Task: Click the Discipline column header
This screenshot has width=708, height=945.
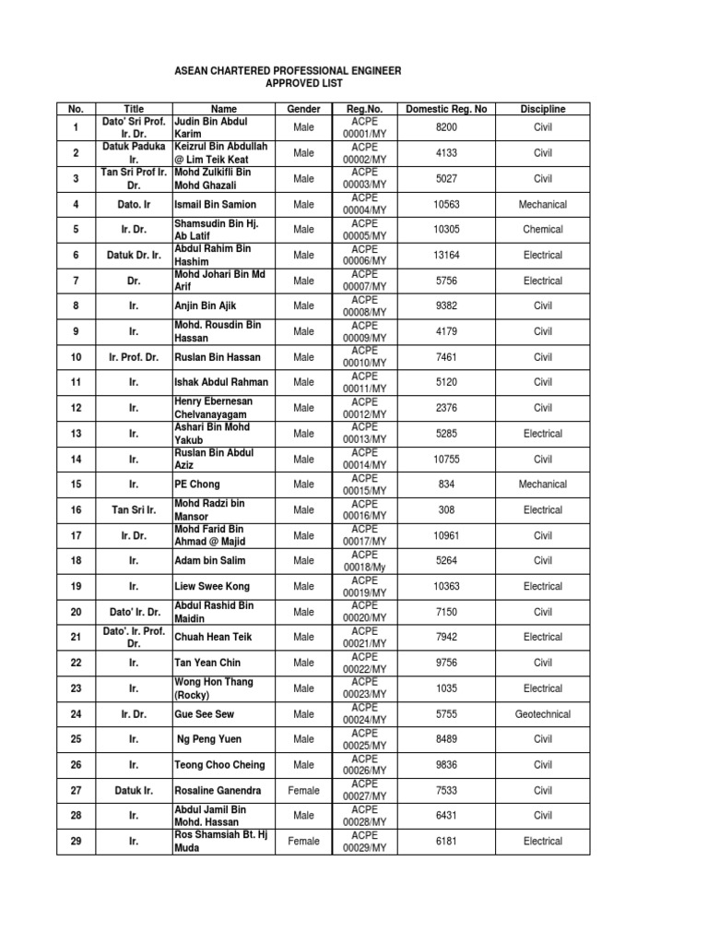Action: (543, 109)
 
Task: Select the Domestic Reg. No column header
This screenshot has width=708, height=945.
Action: (446, 109)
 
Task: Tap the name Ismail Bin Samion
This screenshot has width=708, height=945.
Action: (215, 204)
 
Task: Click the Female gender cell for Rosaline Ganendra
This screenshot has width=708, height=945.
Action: (303, 790)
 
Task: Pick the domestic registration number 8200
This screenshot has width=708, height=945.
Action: (446, 127)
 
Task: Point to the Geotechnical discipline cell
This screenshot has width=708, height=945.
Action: (543, 713)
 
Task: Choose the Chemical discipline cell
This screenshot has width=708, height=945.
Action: (543, 230)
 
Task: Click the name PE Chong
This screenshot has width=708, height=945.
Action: (197, 484)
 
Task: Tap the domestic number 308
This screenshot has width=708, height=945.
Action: (446, 509)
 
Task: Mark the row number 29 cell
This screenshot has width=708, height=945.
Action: (77, 841)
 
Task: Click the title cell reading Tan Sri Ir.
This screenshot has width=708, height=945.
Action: (134, 509)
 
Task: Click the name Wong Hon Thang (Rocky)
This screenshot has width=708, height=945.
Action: (213, 688)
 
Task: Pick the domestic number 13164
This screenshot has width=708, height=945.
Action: (446, 255)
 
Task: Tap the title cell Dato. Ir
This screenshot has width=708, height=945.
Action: (134, 204)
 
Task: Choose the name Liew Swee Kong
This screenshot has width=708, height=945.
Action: (211, 586)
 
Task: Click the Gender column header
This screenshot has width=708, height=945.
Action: (303, 109)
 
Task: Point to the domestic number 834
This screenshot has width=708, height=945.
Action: (446, 484)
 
